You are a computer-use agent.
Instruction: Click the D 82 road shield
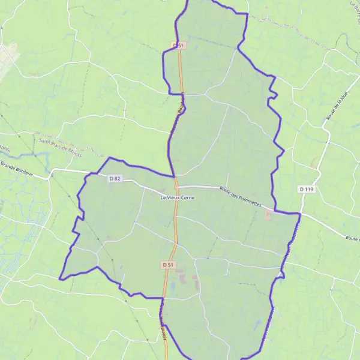pos(115,179)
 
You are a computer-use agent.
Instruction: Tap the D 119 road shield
pos(306,189)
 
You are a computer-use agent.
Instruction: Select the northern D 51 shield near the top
pos(178,45)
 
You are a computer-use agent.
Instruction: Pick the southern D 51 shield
pos(168,265)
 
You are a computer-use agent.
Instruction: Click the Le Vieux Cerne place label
pos(177,198)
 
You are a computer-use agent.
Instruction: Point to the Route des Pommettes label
pos(241,196)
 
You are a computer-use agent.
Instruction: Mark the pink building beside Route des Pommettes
pos(268,214)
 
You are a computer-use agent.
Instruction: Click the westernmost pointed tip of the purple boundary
pos(59,278)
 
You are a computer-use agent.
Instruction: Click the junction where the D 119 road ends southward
pos(300,214)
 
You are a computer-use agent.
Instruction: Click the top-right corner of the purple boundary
pos(247,14)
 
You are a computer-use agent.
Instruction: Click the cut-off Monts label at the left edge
pos(5,149)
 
